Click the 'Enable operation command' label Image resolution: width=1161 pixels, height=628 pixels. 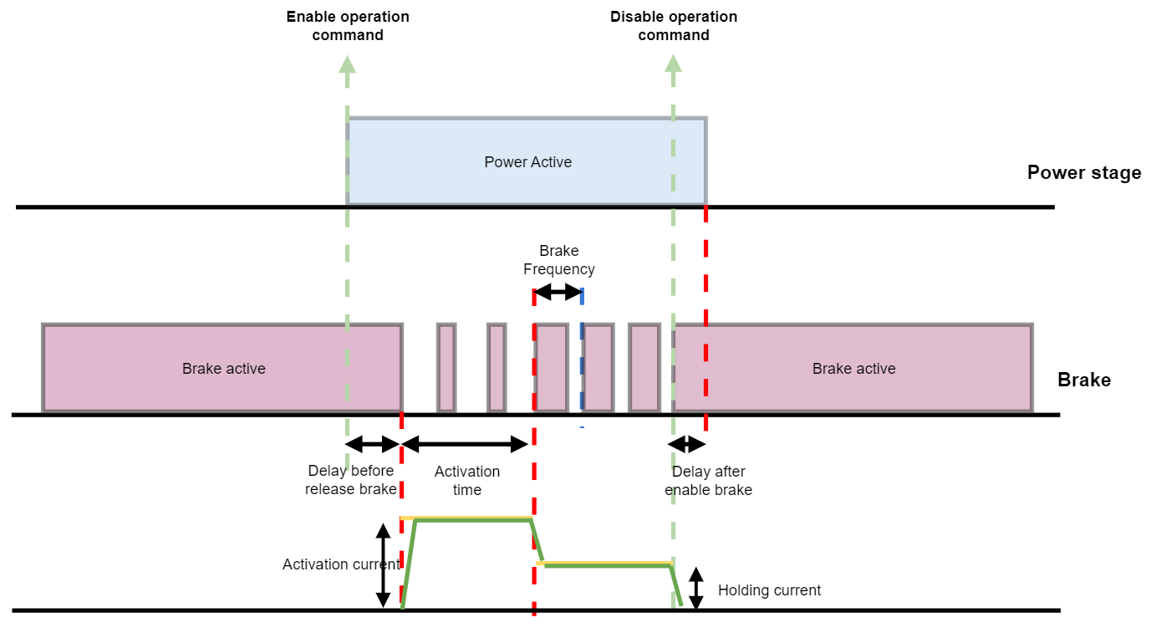click(x=348, y=26)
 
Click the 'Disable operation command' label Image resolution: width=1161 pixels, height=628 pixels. click(x=674, y=26)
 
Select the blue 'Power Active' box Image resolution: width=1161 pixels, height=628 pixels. click(x=527, y=161)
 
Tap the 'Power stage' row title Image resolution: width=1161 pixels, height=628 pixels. click(x=1083, y=173)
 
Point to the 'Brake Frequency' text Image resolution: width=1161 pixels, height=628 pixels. click(x=558, y=260)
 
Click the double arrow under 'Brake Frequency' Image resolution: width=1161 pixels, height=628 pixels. click(x=558, y=293)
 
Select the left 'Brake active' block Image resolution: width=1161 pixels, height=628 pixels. click(x=222, y=369)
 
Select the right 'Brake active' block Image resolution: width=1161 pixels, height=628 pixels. click(x=853, y=369)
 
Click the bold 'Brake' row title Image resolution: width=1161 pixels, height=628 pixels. click(x=1084, y=380)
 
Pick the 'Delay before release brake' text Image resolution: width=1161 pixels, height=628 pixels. click(x=351, y=480)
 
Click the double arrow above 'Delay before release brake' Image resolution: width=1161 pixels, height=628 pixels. click(x=374, y=443)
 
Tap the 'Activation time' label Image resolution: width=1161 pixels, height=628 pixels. click(x=467, y=481)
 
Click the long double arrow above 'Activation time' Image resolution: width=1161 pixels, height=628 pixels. click(x=466, y=443)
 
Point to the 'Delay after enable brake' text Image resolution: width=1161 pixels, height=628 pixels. click(x=708, y=481)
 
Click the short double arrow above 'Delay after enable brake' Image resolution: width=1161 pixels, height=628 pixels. click(x=688, y=443)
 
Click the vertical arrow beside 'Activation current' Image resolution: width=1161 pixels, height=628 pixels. click(x=383, y=565)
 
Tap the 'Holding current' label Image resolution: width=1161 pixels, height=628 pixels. click(x=769, y=590)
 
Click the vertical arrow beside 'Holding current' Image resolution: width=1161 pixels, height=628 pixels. click(x=695, y=588)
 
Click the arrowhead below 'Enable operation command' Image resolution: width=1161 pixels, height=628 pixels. click(x=348, y=64)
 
